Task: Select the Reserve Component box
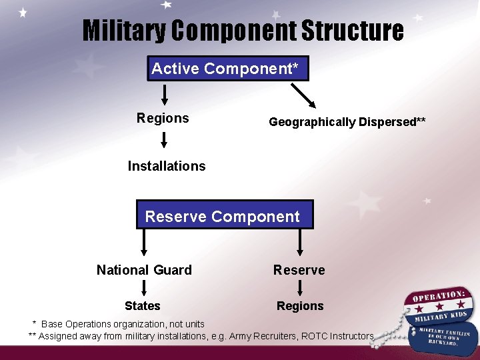click(x=223, y=216)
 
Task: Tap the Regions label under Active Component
click(x=163, y=119)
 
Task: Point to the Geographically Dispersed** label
click(x=347, y=122)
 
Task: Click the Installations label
click(x=167, y=166)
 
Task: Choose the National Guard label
click(x=144, y=270)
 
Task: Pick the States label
click(x=143, y=306)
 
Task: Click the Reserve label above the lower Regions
click(x=299, y=270)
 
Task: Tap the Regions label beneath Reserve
click(x=300, y=306)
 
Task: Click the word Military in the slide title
click(x=124, y=31)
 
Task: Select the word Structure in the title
click(x=353, y=31)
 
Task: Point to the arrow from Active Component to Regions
click(x=165, y=94)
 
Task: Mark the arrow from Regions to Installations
click(x=165, y=140)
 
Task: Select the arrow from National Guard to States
click(x=142, y=288)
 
